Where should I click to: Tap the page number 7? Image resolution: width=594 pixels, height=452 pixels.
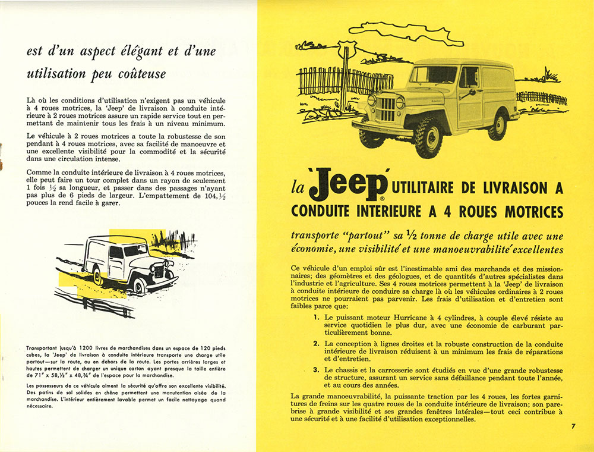tap(573, 426)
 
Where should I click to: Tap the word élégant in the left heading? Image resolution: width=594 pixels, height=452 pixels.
tap(137, 51)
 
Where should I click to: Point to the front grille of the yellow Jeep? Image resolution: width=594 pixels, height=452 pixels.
tap(386, 109)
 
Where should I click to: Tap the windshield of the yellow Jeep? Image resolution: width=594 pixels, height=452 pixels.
tap(432, 75)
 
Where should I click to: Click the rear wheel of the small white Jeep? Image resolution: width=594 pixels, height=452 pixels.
tap(97, 275)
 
